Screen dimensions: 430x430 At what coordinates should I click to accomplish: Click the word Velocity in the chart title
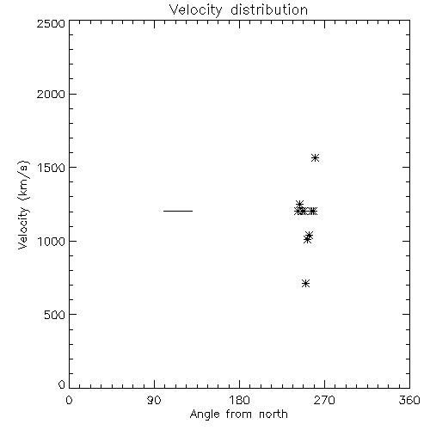pos(196,10)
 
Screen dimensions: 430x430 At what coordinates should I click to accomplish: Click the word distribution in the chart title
pos(269,9)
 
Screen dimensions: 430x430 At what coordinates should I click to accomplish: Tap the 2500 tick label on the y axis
pos(51,23)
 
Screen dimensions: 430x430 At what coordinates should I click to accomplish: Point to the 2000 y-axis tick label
pos(51,94)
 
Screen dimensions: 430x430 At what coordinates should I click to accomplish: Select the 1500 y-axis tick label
pos(52,168)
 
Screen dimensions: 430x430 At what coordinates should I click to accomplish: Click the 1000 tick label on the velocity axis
pos(52,241)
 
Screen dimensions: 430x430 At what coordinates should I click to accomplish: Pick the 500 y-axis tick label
pos(55,315)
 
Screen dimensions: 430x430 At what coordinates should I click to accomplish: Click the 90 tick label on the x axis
pos(154,400)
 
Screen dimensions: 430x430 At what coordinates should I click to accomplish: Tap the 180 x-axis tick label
pos(239,400)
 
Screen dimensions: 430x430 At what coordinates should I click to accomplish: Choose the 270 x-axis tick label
pos(324,400)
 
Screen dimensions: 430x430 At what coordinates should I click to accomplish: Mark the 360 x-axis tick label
pos(409,400)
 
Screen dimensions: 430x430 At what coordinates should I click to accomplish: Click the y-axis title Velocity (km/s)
pos(23,205)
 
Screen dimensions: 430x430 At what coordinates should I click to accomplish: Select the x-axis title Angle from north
pos(238,415)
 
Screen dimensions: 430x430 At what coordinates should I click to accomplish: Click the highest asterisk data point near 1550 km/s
pos(316,158)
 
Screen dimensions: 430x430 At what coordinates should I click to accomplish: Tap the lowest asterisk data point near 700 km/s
pos(306,284)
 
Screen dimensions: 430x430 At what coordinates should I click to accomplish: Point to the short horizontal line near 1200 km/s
pos(178,211)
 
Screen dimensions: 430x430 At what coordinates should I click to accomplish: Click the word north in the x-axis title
pos(273,415)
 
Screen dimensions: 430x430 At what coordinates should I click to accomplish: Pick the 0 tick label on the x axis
pos(69,400)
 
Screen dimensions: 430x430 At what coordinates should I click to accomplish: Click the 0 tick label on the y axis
pos(62,384)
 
